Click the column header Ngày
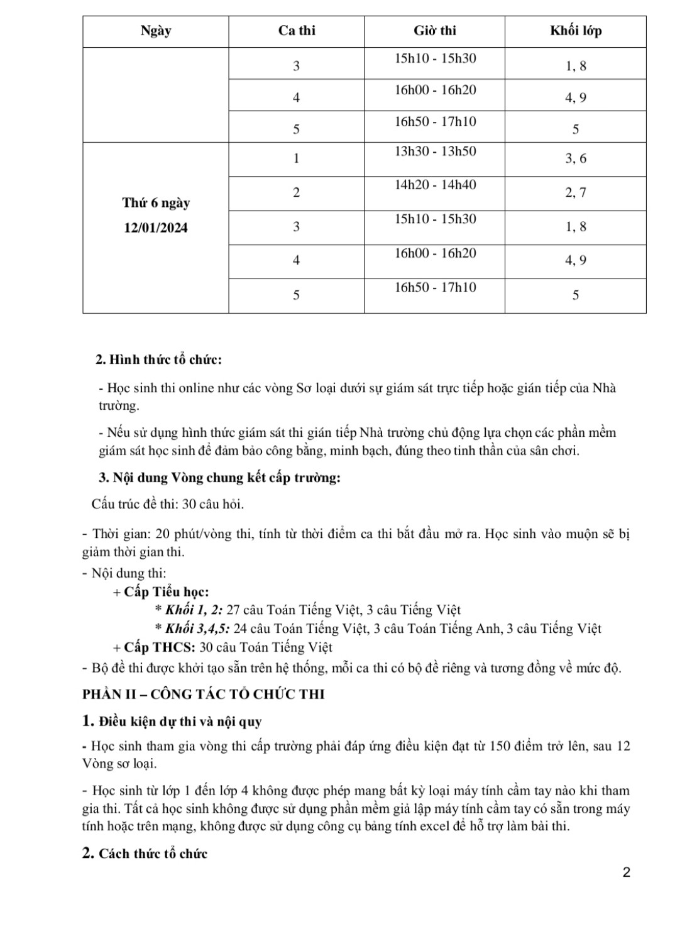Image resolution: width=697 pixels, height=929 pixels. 156,31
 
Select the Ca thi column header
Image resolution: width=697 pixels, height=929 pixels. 297,31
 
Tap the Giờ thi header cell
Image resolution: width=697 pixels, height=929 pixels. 435,31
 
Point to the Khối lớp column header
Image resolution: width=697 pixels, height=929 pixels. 576,31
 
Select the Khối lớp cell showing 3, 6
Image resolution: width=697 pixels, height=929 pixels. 576,159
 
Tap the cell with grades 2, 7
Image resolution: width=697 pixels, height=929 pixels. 576,193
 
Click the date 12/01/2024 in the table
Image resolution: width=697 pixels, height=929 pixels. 156,228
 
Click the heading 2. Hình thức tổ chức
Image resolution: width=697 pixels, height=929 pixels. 158,360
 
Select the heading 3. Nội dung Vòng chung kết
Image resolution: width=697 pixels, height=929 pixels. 219,478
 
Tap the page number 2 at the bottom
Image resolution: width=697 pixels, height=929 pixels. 626,872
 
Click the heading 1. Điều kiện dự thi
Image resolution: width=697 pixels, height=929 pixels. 172,721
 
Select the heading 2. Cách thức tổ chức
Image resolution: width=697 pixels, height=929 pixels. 145,854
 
